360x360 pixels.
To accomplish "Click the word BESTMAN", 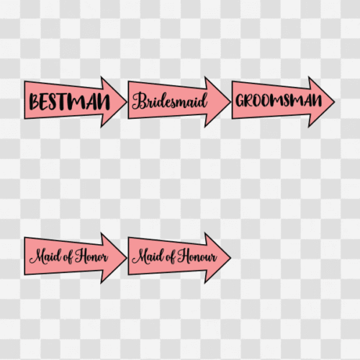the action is pos(70,102).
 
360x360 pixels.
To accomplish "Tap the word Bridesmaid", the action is pos(170,101).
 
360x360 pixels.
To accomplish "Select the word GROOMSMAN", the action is pos(279,100).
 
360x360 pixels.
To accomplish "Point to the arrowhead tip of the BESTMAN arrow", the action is pos(127,102).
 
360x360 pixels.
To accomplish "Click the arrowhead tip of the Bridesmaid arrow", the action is pos(230,102).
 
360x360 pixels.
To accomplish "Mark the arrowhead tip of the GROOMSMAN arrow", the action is pos(334,102).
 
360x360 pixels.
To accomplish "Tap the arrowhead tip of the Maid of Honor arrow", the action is pos(127,258).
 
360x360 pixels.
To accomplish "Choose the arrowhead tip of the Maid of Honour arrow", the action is pos(230,258).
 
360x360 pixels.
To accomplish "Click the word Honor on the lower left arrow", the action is pos(91,256).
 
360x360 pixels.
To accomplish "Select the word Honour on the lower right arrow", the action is pos(197,256).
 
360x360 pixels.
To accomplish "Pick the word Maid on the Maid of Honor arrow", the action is pos(45,256).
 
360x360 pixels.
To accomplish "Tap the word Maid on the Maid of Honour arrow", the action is pos(148,256).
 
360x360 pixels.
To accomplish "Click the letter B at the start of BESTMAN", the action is pos(35,102).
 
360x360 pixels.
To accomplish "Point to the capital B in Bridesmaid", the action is pos(139,101).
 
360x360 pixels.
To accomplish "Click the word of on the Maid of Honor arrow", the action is pos(68,257).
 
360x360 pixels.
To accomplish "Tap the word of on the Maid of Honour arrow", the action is pos(171,257).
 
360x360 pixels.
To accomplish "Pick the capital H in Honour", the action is pos(184,256).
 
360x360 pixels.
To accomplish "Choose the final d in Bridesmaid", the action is pos(203,100).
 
